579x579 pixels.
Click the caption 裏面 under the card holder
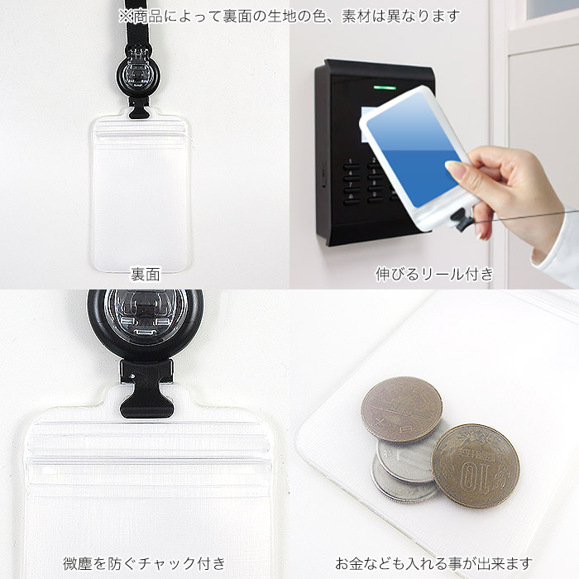point(146,275)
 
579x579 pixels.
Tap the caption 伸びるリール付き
point(434,274)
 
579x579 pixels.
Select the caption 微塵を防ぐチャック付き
point(144,563)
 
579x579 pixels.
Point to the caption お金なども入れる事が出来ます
point(433,563)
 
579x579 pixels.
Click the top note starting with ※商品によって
point(289,17)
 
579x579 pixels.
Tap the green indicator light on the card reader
point(385,88)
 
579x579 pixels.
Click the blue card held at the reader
point(414,148)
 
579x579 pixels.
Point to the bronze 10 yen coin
point(476,466)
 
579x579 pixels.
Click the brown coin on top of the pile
point(401,409)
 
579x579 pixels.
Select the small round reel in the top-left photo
point(138,77)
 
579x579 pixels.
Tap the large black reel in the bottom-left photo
point(145,323)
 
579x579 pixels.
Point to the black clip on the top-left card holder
point(139,108)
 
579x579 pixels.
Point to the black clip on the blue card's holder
point(461,219)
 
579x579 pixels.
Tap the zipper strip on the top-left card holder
point(140,132)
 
